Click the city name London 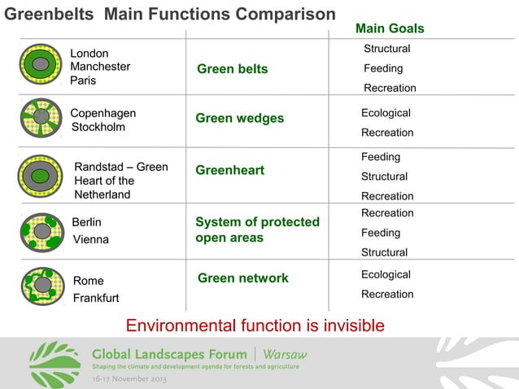tap(89, 54)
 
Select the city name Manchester tap(100, 67)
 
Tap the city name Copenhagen tap(103, 113)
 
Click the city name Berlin tap(86, 221)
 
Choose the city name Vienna tap(90, 240)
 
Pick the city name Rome tap(88, 281)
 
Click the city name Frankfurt tap(96, 298)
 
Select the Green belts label tap(232, 69)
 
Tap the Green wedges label tap(239, 119)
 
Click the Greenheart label tap(229, 170)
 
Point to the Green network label tap(242, 278)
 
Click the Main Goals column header tap(390, 29)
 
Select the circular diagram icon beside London tap(41, 64)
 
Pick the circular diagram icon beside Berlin tap(41, 231)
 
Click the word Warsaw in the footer tap(285, 355)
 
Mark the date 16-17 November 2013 tap(130, 380)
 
